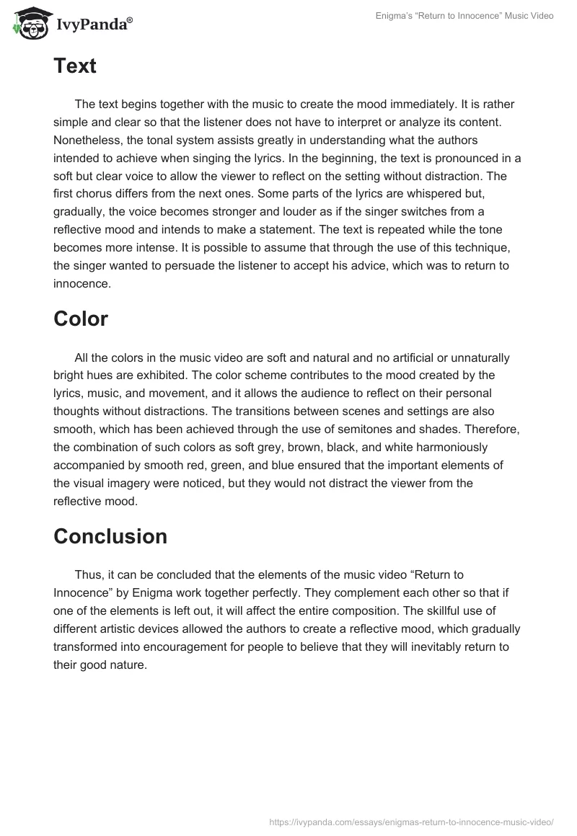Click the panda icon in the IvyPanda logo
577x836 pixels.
point(28,23)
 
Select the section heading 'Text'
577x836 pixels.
point(75,66)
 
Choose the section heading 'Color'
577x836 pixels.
point(81,319)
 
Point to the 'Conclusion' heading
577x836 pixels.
point(110,536)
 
